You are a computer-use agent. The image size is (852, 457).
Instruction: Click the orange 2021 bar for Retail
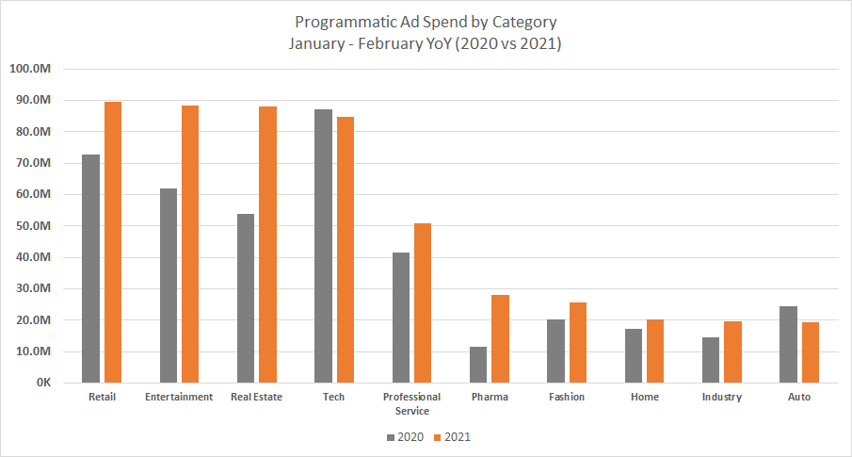(113, 242)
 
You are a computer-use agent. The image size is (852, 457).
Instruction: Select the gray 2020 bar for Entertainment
(169, 286)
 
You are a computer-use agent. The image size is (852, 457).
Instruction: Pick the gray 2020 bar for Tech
(323, 246)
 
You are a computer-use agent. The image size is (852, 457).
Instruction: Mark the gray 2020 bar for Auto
(788, 345)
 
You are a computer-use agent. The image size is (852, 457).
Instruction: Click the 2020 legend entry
(404, 437)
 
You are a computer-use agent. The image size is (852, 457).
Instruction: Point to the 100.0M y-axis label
(35, 69)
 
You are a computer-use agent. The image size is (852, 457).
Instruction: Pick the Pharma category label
(490, 398)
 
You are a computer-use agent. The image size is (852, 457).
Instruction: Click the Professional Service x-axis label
(412, 403)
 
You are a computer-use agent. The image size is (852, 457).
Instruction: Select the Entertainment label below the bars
(179, 398)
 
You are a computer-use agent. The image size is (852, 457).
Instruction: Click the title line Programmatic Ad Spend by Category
(426, 22)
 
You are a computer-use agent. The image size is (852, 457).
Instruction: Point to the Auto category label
(799, 398)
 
